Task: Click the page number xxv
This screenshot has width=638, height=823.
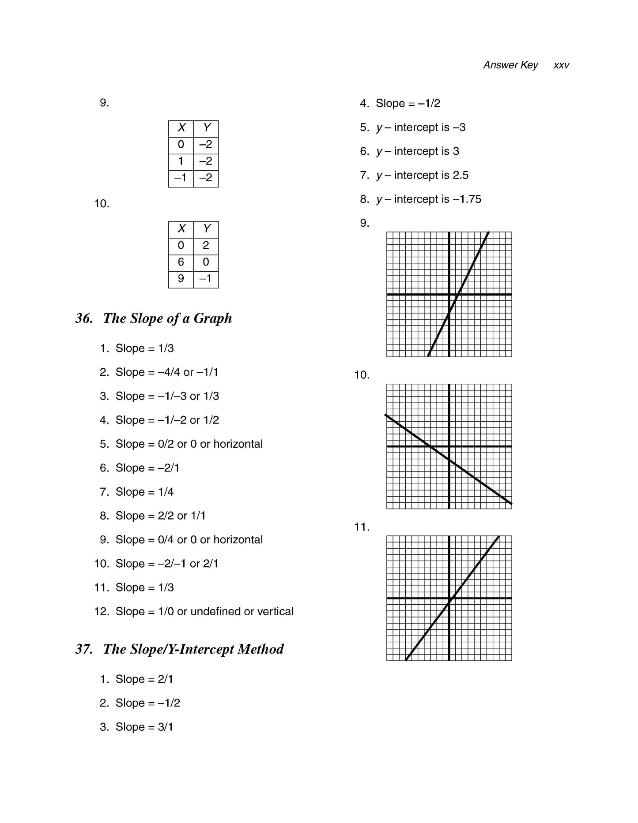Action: [561, 65]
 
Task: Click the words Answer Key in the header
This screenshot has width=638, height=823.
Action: [510, 65]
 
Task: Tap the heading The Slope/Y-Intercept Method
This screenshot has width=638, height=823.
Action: [193, 649]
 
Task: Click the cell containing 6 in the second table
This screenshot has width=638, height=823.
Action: [181, 262]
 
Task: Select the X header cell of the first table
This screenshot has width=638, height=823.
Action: [181, 128]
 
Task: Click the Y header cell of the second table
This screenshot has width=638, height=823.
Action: [206, 229]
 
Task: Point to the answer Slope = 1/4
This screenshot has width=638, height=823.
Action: [144, 492]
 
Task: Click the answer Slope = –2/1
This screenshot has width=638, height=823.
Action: [147, 468]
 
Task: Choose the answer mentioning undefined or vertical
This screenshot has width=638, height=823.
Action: [204, 612]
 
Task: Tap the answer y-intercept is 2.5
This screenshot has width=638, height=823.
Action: [422, 176]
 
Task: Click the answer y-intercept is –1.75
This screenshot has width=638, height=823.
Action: [428, 199]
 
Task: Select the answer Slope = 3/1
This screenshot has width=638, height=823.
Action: [144, 727]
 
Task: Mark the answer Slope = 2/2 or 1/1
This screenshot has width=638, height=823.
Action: [160, 516]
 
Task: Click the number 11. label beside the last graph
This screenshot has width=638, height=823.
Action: [362, 527]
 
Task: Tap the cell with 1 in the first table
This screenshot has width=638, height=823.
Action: [181, 161]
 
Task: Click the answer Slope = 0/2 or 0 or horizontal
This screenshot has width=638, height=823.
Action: [189, 444]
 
